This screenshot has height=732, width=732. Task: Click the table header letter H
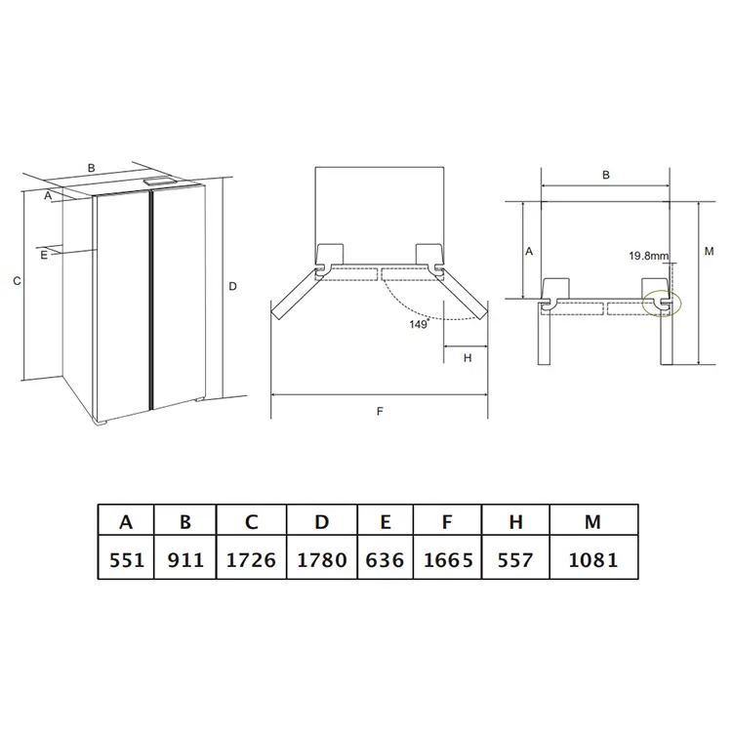tap(515, 522)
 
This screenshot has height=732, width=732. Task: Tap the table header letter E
tap(386, 522)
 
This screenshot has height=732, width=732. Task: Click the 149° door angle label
tap(420, 324)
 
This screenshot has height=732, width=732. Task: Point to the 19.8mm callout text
tap(648, 256)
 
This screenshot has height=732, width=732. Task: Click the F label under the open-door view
tap(380, 411)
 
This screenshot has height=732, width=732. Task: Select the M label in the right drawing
tap(709, 251)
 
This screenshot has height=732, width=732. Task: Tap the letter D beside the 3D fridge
tap(233, 286)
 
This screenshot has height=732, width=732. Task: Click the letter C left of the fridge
tap(17, 281)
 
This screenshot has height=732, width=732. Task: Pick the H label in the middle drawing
tap(468, 358)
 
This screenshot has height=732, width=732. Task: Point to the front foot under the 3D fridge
tap(102, 423)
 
